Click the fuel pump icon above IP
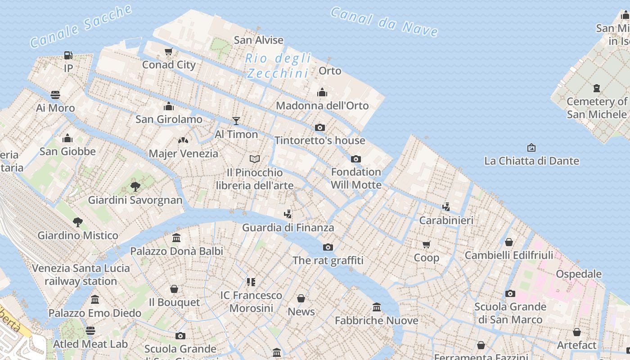click(68, 55)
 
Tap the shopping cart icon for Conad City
click(169, 51)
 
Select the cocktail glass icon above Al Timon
click(236, 121)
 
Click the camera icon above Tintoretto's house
click(320, 127)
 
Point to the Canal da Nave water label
click(384, 22)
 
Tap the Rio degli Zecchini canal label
click(278, 66)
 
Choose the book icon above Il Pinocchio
click(255, 159)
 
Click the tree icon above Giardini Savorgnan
click(135, 186)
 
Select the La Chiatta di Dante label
click(531, 161)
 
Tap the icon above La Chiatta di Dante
click(531, 147)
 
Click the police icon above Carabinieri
click(446, 207)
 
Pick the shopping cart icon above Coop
click(426, 244)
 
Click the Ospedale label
click(579, 274)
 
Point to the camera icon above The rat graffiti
click(328, 247)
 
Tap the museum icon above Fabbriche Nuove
click(377, 307)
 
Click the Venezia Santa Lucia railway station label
click(81, 274)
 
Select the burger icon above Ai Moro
click(55, 95)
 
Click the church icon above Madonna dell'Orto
click(322, 92)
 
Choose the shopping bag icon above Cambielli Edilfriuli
click(509, 242)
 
